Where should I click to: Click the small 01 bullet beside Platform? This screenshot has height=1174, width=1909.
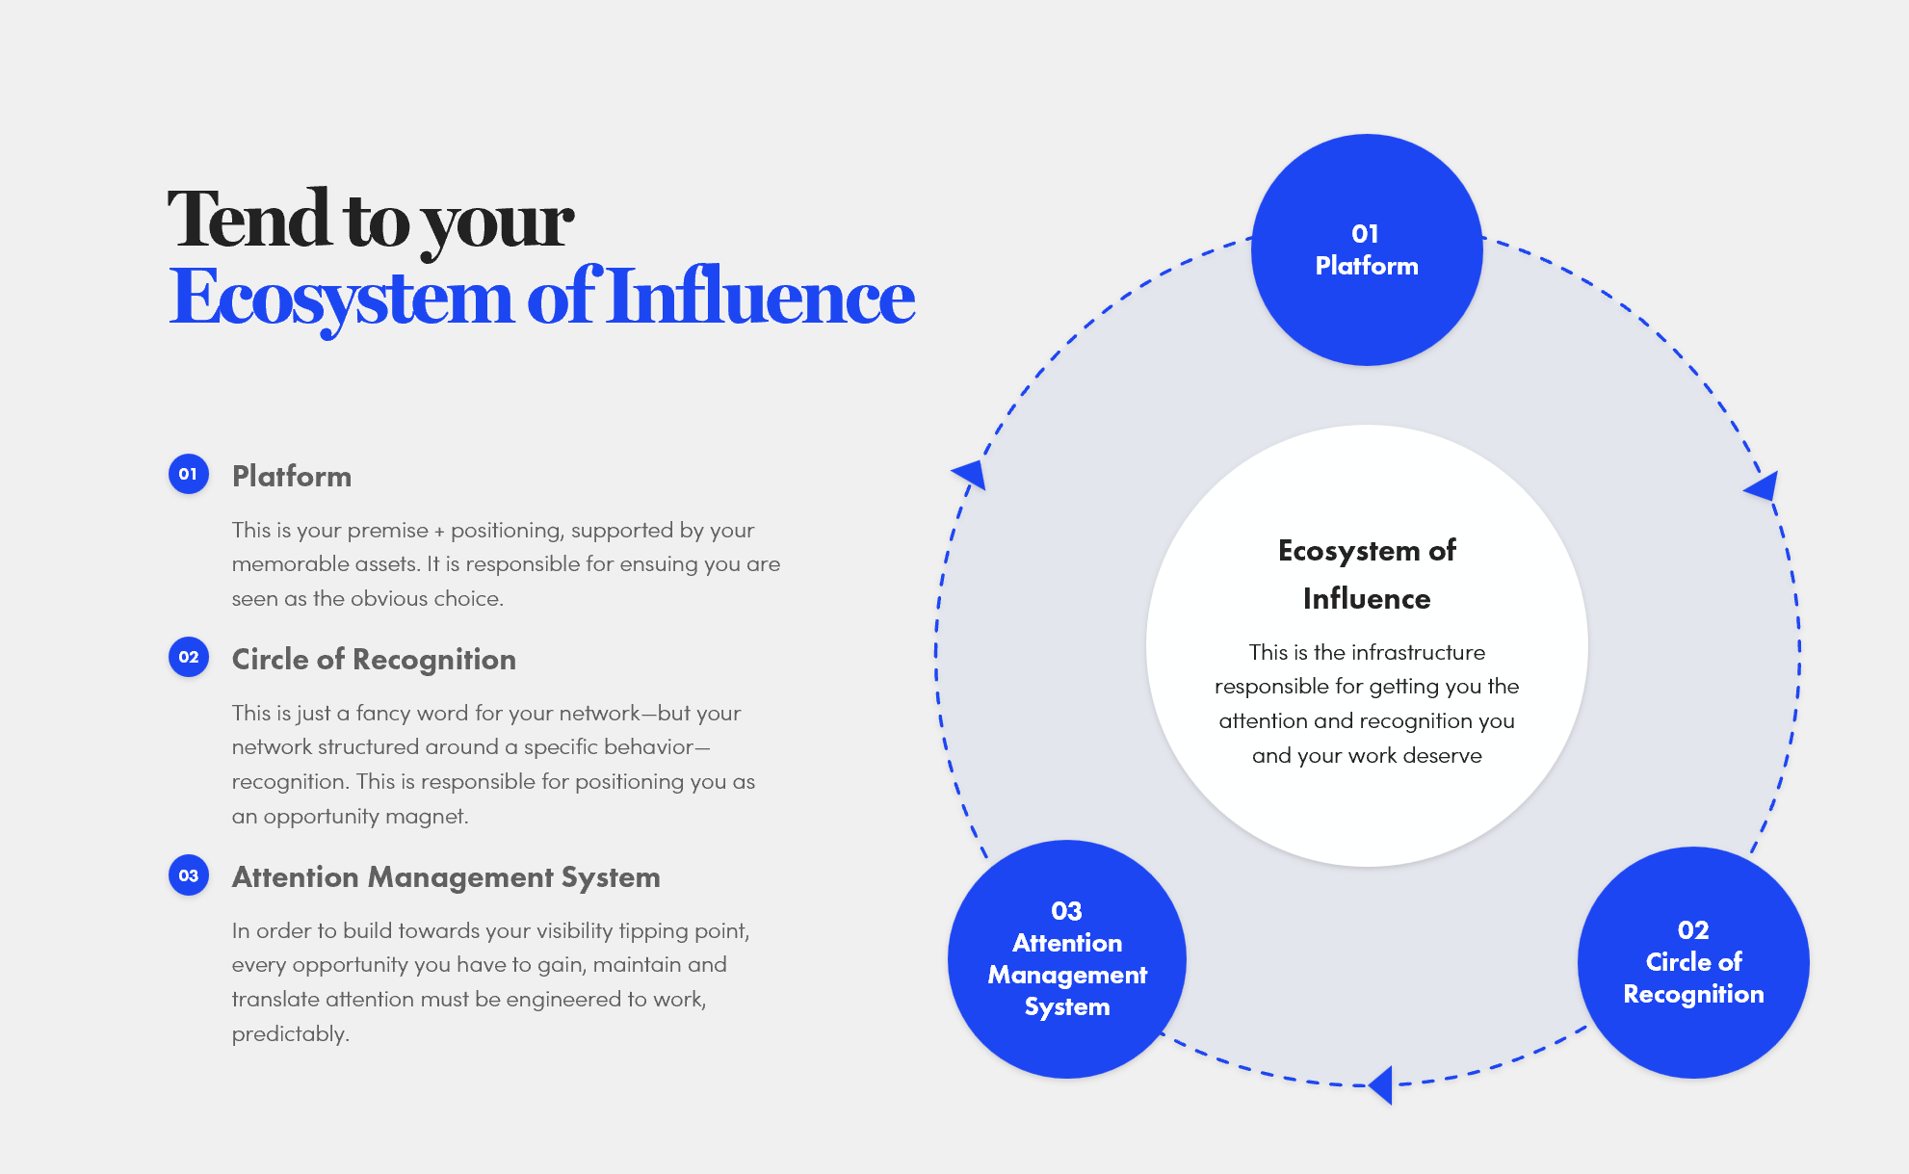[x=189, y=474]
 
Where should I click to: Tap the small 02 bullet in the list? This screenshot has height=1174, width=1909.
[x=189, y=657]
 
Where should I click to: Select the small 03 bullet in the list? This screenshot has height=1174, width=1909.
[x=189, y=875]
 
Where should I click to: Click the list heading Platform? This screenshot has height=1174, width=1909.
[x=291, y=476]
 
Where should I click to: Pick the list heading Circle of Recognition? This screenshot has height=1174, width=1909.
[x=374, y=659]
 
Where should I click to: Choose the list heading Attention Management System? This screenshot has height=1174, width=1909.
[x=446, y=877]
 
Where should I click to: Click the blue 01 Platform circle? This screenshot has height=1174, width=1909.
[x=1366, y=249]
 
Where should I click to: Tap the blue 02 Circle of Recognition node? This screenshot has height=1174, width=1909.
[x=1693, y=962]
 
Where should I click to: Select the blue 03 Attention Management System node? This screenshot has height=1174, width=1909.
[x=1067, y=959]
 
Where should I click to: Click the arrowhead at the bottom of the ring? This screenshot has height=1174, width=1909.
[x=1382, y=1085]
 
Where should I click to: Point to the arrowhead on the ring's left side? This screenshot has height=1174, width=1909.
[x=970, y=474]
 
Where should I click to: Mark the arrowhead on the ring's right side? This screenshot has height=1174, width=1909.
[x=1763, y=486]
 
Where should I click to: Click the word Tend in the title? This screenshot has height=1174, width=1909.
[x=248, y=220]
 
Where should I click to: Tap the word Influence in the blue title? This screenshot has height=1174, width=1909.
[x=762, y=298]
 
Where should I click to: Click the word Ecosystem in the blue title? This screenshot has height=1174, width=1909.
[x=341, y=298]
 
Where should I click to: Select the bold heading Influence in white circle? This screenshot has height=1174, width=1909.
[x=1366, y=599]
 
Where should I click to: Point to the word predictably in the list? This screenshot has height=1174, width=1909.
[x=290, y=1034]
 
